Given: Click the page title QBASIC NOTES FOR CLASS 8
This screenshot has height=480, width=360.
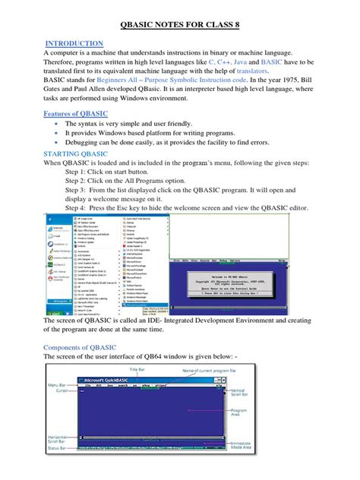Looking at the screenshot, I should (x=180, y=24).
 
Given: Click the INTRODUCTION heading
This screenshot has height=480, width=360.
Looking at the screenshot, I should (x=75, y=44).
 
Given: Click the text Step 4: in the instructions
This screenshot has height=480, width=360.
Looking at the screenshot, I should (x=77, y=206).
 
